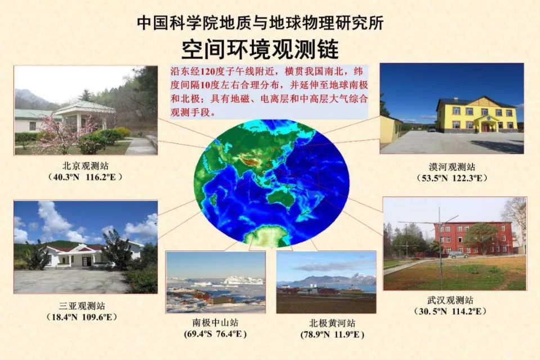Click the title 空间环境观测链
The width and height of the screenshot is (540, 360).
pyautogui.click(x=260, y=49)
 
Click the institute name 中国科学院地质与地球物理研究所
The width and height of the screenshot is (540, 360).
pyautogui.click(x=260, y=23)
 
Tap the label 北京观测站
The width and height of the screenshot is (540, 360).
pyautogui.click(x=85, y=166)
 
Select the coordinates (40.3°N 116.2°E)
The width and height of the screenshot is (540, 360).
pyautogui.click(x=85, y=177)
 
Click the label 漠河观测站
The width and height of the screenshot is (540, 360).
pyautogui.click(x=452, y=167)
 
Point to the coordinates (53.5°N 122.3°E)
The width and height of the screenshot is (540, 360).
pyautogui.click(x=452, y=178)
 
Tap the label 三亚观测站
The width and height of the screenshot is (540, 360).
pyautogui.click(x=82, y=306)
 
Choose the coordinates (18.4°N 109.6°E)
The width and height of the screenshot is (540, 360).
pyautogui.click(x=82, y=317)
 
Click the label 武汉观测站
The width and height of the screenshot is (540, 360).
pyautogui.click(x=451, y=300)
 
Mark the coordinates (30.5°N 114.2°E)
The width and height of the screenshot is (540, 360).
pyautogui.click(x=451, y=312)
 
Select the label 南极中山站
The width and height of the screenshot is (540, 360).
pyautogui.click(x=215, y=323)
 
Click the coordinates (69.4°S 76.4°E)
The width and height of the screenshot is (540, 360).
pyautogui.click(x=215, y=334)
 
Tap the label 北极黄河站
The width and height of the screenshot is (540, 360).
pyautogui.click(x=332, y=323)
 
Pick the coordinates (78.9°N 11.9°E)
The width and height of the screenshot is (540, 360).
pyautogui.click(x=332, y=335)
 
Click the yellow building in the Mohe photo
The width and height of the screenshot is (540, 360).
pyautogui.click(x=476, y=115)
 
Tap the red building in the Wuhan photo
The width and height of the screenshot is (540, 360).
pyautogui.click(x=472, y=238)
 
